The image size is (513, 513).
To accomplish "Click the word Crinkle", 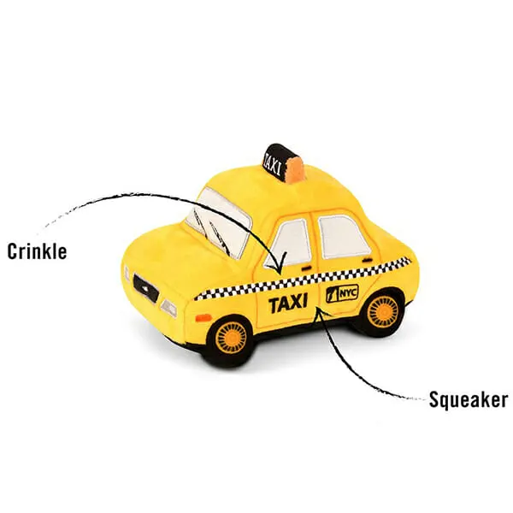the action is click(x=37, y=251).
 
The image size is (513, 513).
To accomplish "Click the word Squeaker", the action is click(x=469, y=400).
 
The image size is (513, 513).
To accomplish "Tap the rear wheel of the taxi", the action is click(x=382, y=309).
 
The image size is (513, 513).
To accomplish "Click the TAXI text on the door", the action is click(x=288, y=304).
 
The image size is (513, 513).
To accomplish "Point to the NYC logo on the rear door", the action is click(x=342, y=293).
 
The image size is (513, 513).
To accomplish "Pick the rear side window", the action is click(x=343, y=236).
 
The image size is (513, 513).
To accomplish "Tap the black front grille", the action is click(x=146, y=288).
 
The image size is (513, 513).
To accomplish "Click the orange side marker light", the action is click(x=203, y=317).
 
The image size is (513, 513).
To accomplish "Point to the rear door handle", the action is click(x=367, y=261).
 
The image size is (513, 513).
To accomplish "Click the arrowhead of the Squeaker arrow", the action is click(x=317, y=311).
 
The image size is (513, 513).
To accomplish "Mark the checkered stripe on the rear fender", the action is click(x=398, y=263).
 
